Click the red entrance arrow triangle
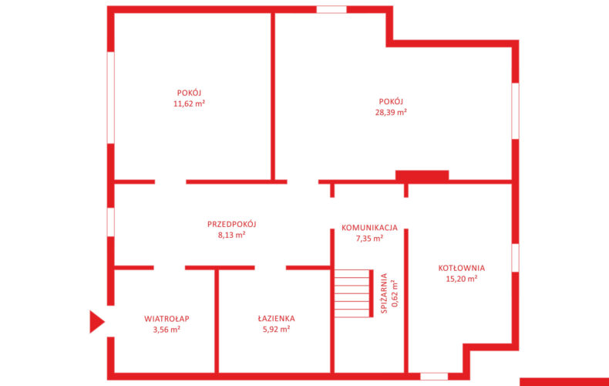point(96,322)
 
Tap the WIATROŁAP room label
point(167,319)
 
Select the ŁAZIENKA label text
point(276,318)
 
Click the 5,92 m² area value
point(276,329)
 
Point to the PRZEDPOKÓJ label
point(232,224)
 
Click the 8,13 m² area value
point(232,235)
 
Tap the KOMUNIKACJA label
point(369,228)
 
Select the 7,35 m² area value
point(369,238)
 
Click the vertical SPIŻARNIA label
point(384,293)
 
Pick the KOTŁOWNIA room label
point(462,268)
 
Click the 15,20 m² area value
point(462,279)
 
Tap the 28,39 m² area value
point(391,113)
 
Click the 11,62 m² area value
point(189,104)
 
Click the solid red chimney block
point(422,175)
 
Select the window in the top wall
point(331,9)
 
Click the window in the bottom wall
point(434,376)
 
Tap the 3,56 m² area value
point(167,330)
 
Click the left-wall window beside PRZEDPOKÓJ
point(111,222)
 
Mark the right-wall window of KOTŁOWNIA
point(515,258)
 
